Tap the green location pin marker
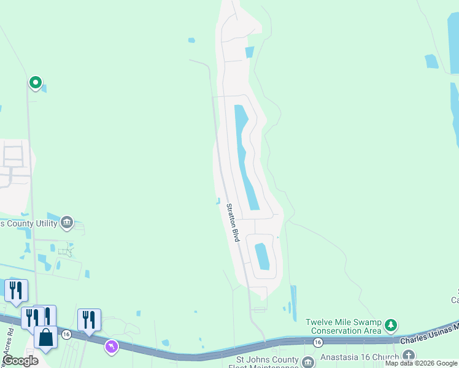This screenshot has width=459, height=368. tap(36, 82)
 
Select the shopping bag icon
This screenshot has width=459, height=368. tap(46, 337)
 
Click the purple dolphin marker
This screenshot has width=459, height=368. tap(111, 347)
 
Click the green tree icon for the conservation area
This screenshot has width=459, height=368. tap(391, 324)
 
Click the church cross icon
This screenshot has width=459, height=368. tap(409, 355)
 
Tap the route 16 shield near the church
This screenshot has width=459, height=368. tap(317, 341)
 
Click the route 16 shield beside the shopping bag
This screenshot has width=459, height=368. tap(66, 334)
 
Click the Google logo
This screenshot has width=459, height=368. tap(20, 361)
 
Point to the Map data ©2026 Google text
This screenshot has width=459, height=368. tap(422, 364)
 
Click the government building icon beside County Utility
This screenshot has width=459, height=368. tap(67, 222)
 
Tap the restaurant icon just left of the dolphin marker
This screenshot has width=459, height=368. tap(89, 319)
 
